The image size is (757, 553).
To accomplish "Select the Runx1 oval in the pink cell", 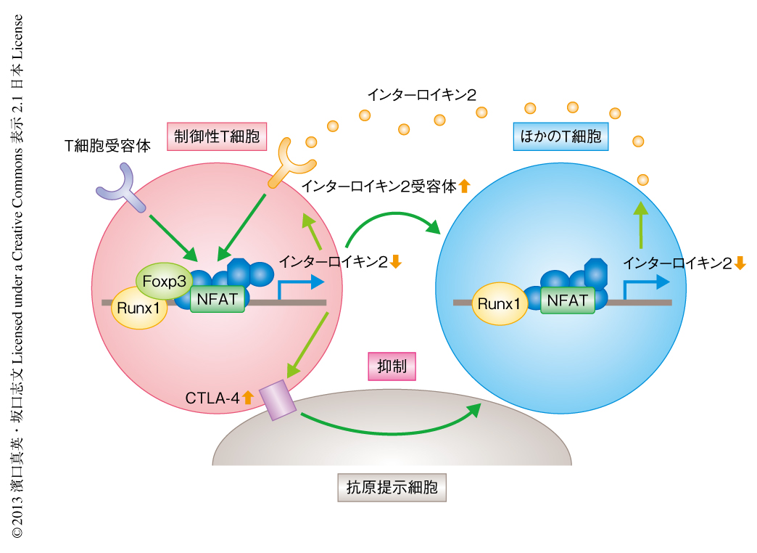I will coord(138,308).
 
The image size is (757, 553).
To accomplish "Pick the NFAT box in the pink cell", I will coord(218,298).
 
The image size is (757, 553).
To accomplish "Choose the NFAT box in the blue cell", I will coord(568,299).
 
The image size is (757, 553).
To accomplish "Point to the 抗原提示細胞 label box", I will coord(392,487).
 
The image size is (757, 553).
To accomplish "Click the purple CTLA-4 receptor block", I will coord(278,401).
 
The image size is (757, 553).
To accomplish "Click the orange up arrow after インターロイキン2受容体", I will coord(465,186).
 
